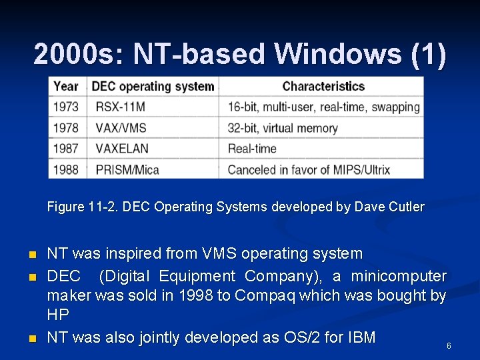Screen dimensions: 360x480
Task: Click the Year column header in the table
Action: click(66, 87)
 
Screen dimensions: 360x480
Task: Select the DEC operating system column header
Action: click(153, 87)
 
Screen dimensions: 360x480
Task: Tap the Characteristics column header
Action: click(323, 87)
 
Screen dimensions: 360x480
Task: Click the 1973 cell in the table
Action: click(66, 107)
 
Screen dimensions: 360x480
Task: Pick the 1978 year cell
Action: click(66, 128)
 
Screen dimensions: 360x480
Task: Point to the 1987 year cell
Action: click(66, 149)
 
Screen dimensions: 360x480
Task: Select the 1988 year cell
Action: click(66, 169)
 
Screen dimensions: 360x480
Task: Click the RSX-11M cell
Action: click(120, 107)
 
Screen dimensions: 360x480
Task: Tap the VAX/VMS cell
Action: click(121, 128)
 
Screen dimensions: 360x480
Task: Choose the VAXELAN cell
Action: click(122, 149)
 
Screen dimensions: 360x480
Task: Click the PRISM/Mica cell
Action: click(127, 169)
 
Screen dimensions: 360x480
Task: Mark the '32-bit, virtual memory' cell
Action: click(283, 128)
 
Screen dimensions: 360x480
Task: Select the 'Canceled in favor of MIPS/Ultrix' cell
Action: click(309, 169)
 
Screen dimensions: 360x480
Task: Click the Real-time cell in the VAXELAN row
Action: click(252, 149)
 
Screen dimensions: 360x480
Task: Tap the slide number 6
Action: click(449, 346)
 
